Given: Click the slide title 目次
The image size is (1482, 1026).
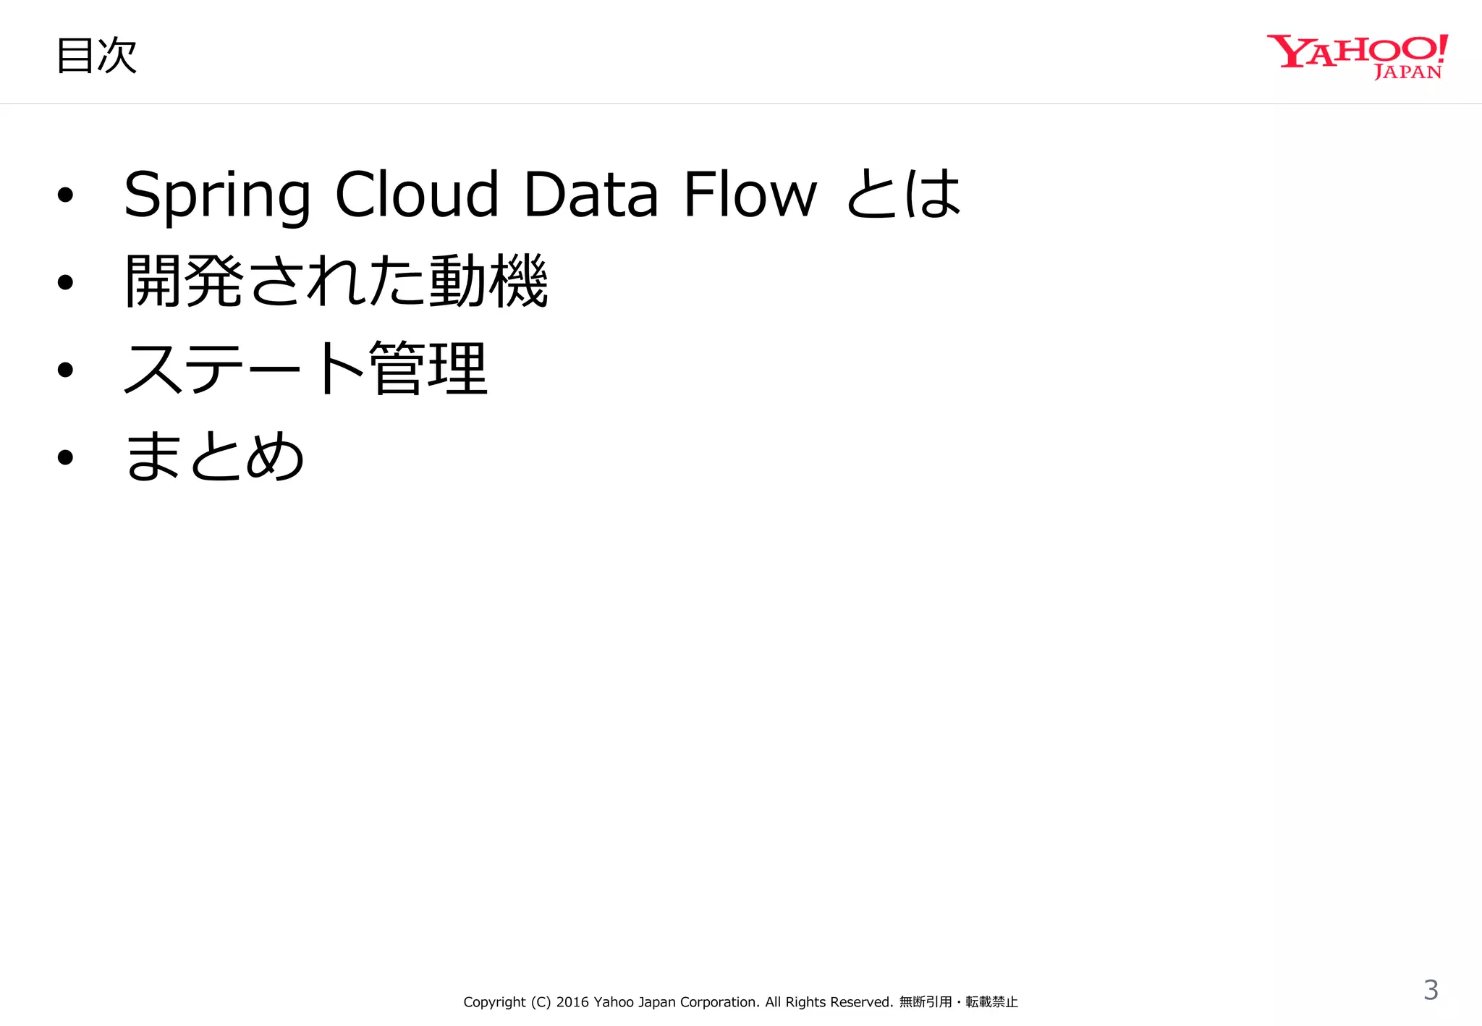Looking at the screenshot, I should (x=96, y=56).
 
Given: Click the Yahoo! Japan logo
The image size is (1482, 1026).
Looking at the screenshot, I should (x=1357, y=55).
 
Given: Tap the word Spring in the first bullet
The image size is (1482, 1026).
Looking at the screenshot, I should (x=217, y=195).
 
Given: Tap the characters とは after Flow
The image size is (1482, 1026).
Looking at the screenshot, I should (x=903, y=194).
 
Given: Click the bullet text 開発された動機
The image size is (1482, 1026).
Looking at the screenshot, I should (x=336, y=281).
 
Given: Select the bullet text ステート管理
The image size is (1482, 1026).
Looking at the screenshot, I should (x=306, y=368).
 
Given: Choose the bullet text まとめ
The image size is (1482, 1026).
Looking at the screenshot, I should (x=215, y=456).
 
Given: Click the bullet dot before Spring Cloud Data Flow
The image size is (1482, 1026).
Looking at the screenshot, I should (x=66, y=195).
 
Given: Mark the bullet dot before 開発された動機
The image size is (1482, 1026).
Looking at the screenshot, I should (x=66, y=282).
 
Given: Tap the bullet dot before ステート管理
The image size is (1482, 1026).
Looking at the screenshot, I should (x=66, y=370).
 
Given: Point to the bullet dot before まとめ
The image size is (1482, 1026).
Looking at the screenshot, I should (x=66, y=457).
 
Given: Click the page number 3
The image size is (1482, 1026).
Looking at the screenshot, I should (x=1431, y=990).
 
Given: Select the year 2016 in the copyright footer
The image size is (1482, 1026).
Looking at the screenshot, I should (x=572, y=1002).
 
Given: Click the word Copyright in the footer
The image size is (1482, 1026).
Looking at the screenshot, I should (x=494, y=1002).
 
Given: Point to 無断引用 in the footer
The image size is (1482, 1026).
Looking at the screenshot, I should (x=926, y=1002).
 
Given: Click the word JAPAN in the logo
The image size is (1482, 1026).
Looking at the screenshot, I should (x=1407, y=72).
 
